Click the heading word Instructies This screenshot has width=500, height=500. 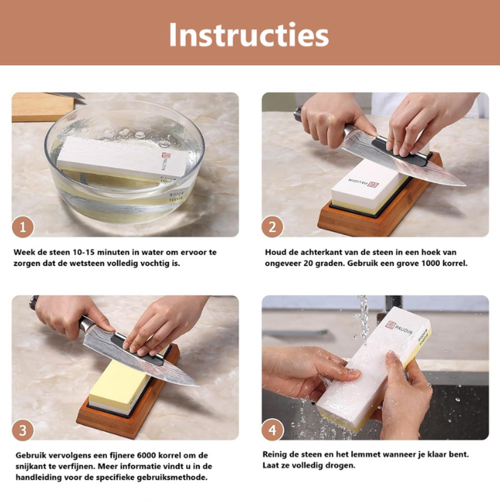[249, 34]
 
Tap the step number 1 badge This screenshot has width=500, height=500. [23, 226]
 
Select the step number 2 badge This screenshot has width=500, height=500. [272, 226]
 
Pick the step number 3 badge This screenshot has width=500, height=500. [23, 430]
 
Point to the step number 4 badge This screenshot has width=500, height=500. [272, 430]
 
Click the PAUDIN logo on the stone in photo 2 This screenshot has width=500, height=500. [363, 184]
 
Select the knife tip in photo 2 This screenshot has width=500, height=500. [465, 184]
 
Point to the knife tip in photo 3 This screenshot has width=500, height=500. [198, 386]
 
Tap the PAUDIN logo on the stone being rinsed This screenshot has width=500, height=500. [398, 328]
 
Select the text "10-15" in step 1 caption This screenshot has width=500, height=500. [83, 252]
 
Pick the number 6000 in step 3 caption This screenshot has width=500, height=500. [147, 455]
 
